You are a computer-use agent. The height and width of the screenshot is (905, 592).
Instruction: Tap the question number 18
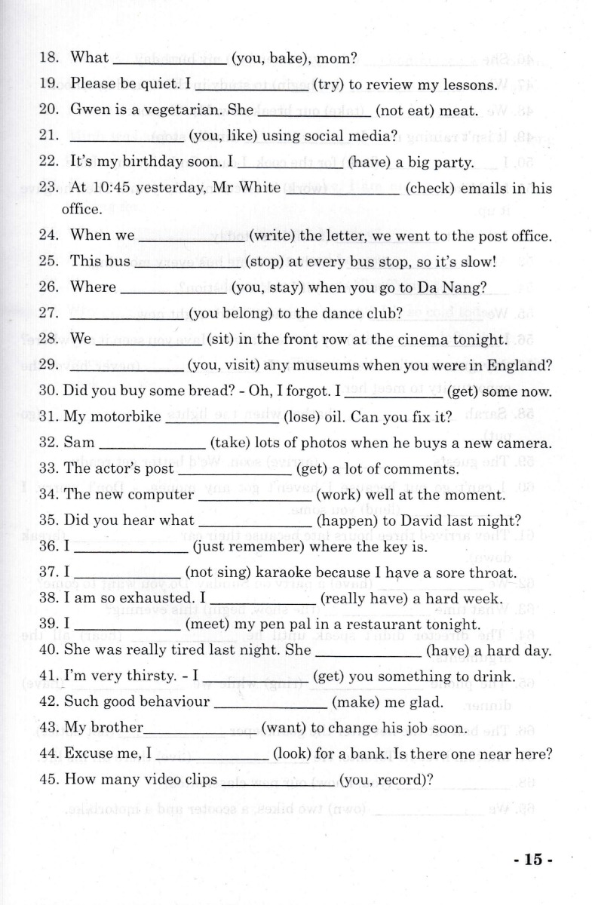(49, 57)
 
